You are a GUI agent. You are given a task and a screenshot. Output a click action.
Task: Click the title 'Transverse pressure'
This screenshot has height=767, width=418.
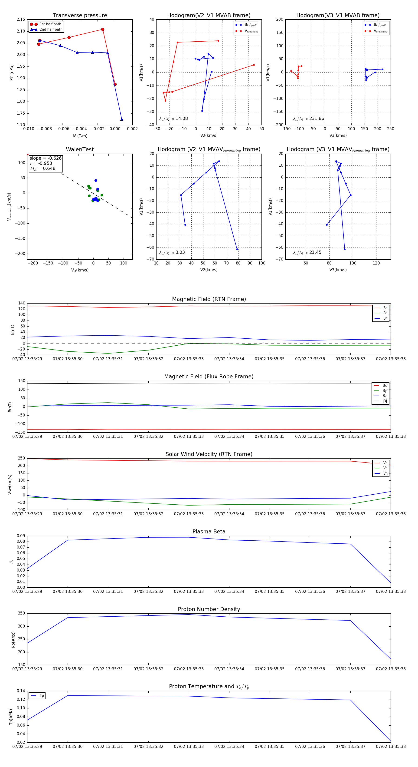point(80,16)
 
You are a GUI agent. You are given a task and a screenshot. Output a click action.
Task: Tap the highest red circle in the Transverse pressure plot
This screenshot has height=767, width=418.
point(103,30)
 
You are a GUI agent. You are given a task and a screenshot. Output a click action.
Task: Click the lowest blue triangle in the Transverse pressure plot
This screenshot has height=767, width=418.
point(122,119)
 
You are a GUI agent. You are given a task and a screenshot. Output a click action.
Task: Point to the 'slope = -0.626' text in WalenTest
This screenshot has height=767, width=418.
point(46,158)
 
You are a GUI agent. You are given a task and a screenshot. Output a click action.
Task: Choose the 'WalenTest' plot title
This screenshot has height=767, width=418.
point(80,149)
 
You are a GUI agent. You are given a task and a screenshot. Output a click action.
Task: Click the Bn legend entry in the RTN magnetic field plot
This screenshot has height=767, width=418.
point(385,318)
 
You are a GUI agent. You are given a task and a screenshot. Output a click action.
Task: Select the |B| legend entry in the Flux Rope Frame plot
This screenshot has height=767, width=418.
point(385,401)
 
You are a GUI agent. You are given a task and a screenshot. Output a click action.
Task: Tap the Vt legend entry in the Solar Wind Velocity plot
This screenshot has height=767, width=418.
point(385,468)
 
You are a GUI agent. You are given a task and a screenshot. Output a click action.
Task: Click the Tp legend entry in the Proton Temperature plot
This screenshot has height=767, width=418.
point(41,696)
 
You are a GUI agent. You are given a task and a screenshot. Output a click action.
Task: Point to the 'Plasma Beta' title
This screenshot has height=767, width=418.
point(209,532)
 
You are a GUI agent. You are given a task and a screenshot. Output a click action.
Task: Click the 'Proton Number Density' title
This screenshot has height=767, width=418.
point(209,609)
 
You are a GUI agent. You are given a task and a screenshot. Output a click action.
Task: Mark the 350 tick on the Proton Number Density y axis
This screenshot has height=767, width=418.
point(21,613)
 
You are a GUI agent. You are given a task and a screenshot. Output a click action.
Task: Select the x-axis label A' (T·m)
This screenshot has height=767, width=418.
point(80,136)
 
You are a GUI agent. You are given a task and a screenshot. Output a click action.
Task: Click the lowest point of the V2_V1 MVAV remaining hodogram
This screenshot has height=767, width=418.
point(237,249)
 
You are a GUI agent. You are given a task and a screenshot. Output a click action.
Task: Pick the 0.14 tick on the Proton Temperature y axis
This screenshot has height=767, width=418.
point(21,691)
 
